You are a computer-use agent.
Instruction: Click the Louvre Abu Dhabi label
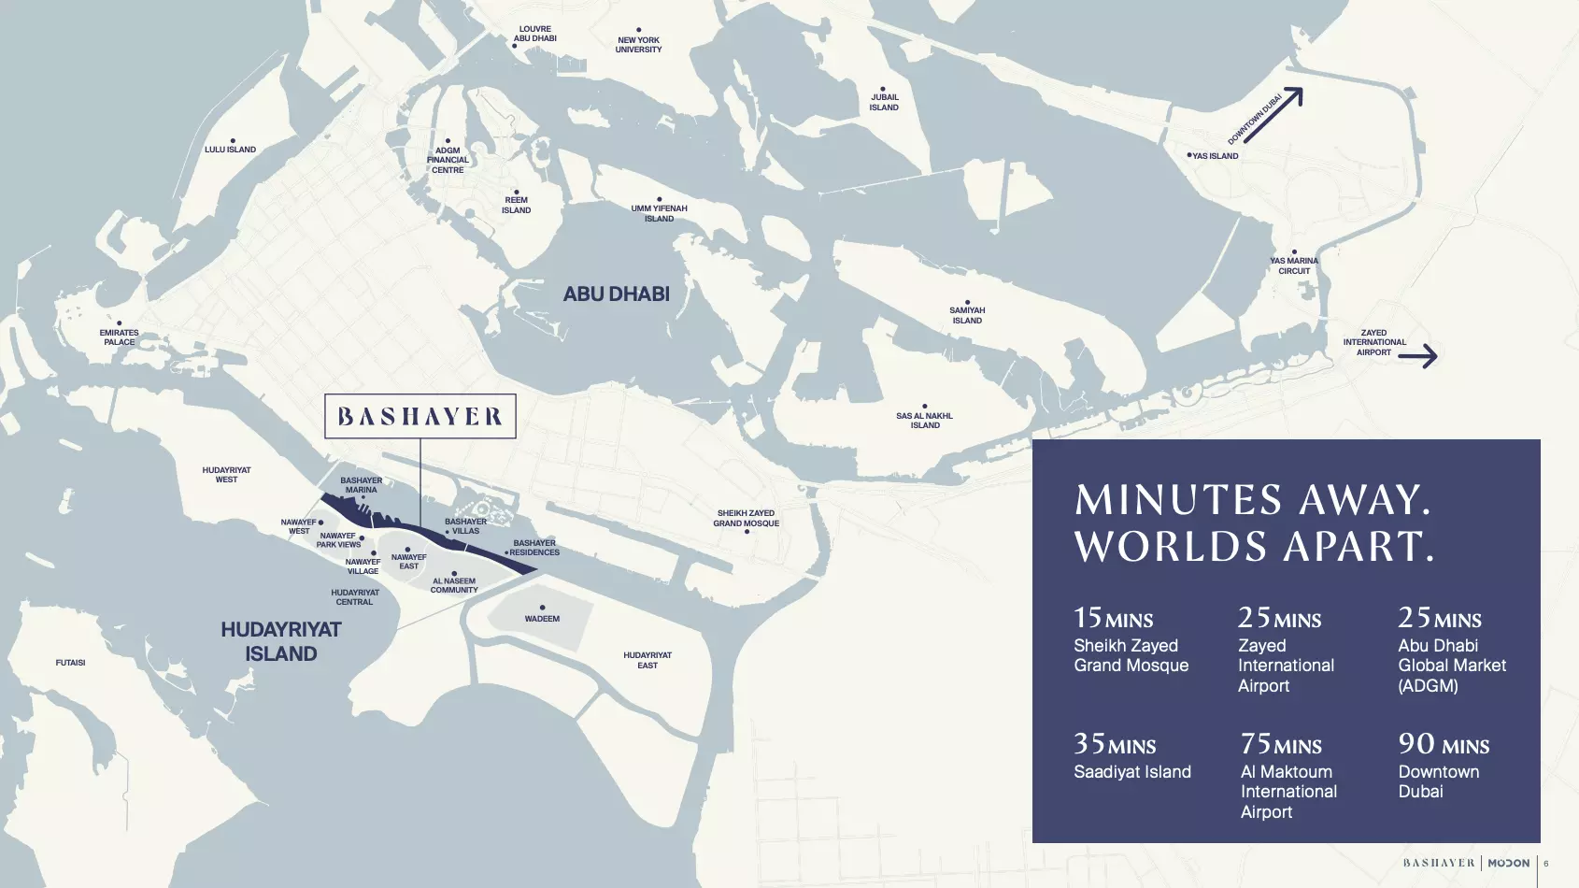pos(534,34)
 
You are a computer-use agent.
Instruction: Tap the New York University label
pos(638,45)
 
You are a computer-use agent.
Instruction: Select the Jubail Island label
pos(884,102)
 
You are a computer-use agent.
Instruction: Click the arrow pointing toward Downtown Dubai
pos(1273,115)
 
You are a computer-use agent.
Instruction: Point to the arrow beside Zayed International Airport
pos(1417,355)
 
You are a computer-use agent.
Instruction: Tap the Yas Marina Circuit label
pos(1294,266)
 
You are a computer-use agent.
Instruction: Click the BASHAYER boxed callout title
pos(420,417)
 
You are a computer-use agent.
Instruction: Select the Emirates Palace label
pos(119,337)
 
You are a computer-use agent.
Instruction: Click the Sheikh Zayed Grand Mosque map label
pos(746,518)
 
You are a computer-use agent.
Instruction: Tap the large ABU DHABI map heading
pos(617,294)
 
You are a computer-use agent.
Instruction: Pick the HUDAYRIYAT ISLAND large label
pos(281,641)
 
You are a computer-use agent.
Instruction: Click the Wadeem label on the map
pos(542,619)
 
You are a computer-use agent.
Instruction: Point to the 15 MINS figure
pos(1113,619)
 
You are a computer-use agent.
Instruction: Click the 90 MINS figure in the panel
pos(1444,745)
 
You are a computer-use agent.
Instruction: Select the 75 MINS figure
pos(1281,745)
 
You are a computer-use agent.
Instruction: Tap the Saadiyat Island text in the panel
pos(1131,772)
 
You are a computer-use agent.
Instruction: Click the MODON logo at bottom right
pos(1508,863)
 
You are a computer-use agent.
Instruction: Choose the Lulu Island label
pos(231,150)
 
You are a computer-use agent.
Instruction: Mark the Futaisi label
pos(70,663)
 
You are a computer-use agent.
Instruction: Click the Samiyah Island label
pos(967,315)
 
